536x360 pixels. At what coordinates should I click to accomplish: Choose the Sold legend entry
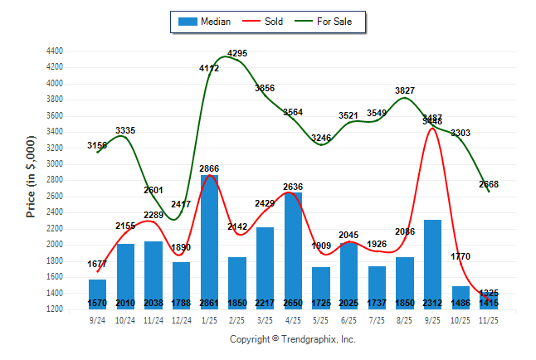(265, 22)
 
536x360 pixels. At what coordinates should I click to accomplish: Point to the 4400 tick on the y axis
(55, 51)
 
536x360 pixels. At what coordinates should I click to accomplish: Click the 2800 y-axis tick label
(55, 180)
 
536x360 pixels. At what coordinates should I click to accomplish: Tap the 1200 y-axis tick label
(55, 309)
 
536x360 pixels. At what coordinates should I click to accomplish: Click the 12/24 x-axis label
(182, 319)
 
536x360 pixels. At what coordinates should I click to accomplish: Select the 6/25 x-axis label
(349, 319)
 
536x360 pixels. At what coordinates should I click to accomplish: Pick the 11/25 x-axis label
(489, 319)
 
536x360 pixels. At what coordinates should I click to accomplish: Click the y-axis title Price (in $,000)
(31, 178)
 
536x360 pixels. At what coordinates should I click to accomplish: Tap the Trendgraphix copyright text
(292, 339)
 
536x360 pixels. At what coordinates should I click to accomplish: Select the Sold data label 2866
(209, 168)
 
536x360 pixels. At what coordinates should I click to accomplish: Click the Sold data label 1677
(98, 265)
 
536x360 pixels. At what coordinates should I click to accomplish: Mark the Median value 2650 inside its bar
(293, 304)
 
